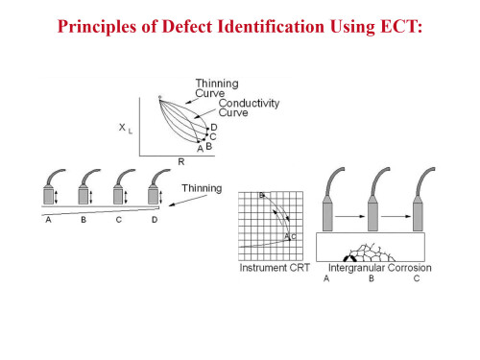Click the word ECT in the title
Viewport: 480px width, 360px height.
pos(401,26)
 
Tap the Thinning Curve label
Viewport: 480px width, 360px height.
pos(217,88)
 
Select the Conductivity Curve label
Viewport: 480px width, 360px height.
pos(249,108)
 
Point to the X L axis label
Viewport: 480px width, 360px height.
pos(126,129)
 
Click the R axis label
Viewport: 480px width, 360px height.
pos(181,162)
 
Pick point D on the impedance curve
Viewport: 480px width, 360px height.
pos(208,129)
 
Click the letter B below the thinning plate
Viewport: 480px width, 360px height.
pos(84,220)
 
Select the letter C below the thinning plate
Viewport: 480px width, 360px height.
pos(119,220)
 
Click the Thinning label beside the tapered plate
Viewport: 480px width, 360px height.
pos(202,188)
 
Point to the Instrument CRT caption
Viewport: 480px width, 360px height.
pos(275,268)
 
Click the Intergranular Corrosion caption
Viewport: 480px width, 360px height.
pos(380,268)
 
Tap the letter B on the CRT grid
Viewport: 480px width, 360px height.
pos(261,195)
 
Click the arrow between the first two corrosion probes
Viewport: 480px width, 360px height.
pos(349,217)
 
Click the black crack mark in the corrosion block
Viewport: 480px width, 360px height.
pos(349,258)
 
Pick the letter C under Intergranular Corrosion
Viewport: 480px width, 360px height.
pos(417,278)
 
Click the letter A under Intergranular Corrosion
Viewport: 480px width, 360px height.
pos(326,278)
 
